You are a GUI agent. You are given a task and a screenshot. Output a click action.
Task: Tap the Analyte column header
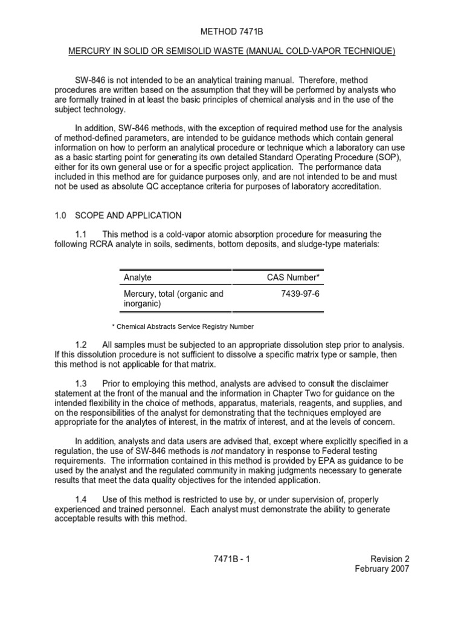tap(138, 277)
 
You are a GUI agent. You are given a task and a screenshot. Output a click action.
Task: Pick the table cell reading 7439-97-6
tap(300, 294)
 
